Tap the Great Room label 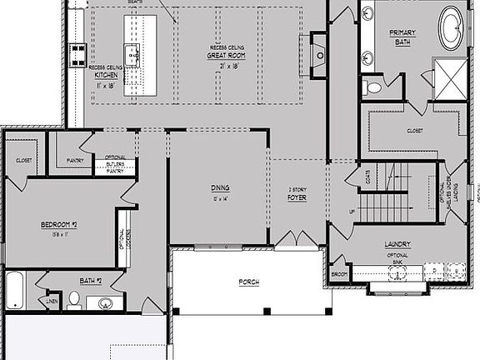[223, 56]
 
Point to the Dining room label [220, 187]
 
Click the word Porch [247, 282]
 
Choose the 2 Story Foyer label [297, 194]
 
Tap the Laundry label [397, 244]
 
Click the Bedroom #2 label [58, 225]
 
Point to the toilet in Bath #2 [74, 298]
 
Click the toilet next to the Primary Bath [372, 87]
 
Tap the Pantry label [75, 160]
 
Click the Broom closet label [338, 273]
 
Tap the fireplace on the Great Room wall [321, 51]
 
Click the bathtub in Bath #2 [15, 289]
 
